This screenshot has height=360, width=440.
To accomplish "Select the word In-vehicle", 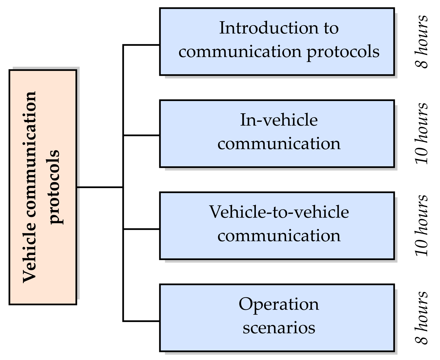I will pyautogui.click(x=279, y=120).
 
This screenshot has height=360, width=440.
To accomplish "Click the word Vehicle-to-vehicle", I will pyautogui.click(x=279, y=212).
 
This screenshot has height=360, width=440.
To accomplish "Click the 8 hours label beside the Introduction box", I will pyautogui.click(x=422, y=42).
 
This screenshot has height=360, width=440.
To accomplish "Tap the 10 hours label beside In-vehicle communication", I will pyautogui.click(x=422, y=133).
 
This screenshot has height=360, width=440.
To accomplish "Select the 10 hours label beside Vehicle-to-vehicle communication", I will pyautogui.click(x=422, y=225).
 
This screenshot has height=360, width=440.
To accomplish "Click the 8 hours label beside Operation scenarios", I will pyautogui.click(x=422, y=317).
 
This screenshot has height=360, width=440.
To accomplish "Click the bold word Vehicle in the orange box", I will pyautogui.click(x=29, y=257).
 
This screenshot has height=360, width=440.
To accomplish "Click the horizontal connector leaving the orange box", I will pyautogui.click(x=100, y=187).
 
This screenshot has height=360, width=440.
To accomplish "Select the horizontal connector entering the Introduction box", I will pyautogui.click(x=141, y=45).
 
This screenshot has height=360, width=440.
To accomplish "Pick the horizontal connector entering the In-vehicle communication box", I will pyautogui.click(x=141, y=135).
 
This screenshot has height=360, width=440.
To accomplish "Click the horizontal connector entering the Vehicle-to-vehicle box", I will pyautogui.click(x=141, y=229).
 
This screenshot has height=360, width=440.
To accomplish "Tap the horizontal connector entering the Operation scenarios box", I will pyautogui.click(x=141, y=321).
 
